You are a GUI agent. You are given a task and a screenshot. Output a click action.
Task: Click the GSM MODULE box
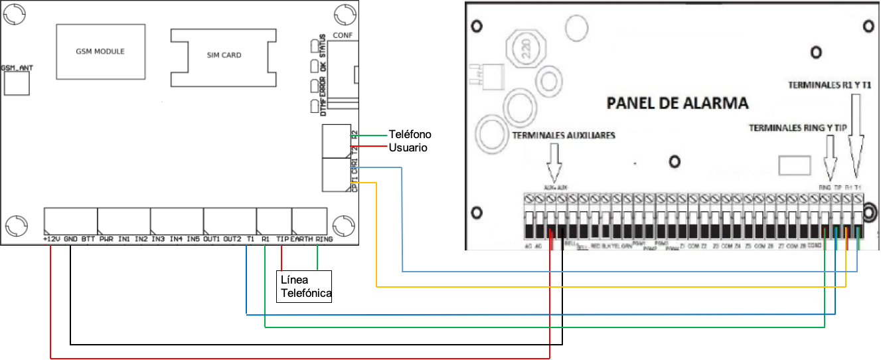click(100, 52)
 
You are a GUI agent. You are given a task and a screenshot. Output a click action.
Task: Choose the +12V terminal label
click(51, 238)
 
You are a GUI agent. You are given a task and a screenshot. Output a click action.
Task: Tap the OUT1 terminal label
click(212, 238)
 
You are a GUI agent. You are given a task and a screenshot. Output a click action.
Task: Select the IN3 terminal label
click(158, 238)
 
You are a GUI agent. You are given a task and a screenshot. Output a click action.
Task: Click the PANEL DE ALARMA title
click(677, 104)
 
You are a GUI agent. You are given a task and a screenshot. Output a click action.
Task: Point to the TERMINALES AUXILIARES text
click(564, 135)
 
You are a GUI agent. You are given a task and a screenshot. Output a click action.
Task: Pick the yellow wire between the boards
click(598, 287)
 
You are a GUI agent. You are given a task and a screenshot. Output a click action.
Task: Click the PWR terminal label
click(106, 238)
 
